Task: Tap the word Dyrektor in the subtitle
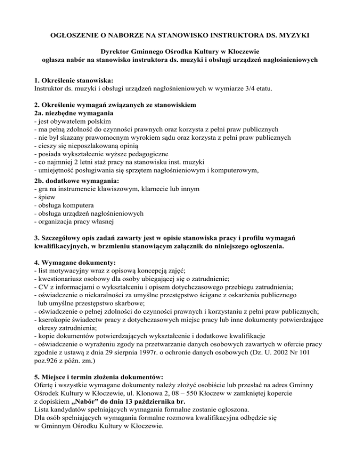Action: pyautogui.click(x=117, y=51)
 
